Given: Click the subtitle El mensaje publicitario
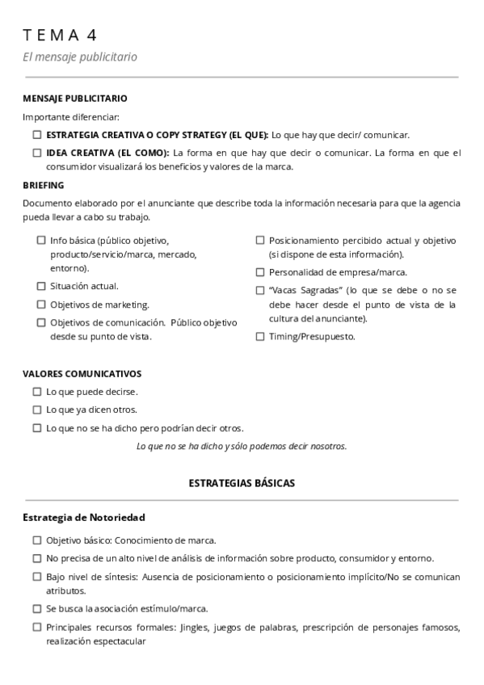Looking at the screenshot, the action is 80,57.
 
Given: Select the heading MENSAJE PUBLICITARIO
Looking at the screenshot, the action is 75,99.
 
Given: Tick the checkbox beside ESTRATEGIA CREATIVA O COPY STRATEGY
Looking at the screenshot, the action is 37,135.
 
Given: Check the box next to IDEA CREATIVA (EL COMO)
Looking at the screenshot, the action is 37,152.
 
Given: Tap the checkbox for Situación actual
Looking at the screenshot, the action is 41,286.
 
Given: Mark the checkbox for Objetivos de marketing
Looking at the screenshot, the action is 41,305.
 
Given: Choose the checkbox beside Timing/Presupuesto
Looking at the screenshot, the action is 260,337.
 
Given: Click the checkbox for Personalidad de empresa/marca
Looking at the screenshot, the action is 260,272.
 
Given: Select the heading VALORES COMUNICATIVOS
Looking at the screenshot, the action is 82,373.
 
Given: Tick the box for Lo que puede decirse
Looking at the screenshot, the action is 37,391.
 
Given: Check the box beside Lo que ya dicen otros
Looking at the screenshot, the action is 37,410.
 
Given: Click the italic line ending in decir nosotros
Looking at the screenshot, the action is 242,446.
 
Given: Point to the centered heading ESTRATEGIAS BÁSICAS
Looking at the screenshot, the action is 242,483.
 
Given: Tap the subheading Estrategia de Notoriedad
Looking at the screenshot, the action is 84,517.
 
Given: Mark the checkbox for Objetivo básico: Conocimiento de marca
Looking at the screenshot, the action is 37,540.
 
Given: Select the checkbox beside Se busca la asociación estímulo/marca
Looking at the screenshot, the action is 37,608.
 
